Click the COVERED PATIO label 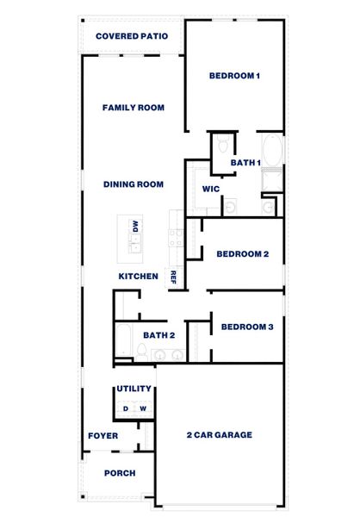131,36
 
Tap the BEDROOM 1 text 234,76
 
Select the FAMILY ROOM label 133,108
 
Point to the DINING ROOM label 133,184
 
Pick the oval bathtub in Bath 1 271,151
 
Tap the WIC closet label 212,189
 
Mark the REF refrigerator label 173,277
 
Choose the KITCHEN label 138,277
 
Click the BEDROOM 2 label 243,254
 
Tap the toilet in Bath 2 140,350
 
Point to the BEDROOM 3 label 247,327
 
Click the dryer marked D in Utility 126,408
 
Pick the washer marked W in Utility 144,408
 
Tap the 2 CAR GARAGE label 220,435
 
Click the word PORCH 119,473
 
